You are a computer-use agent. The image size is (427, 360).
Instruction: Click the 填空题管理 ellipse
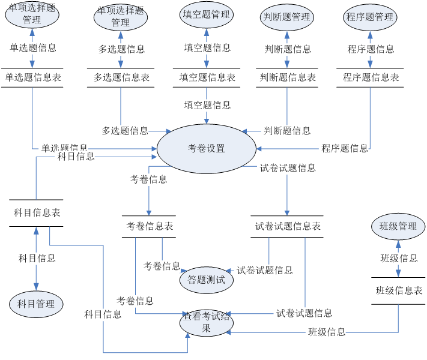click(x=207, y=15)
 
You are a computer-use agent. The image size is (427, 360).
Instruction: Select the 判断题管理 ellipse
click(x=287, y=17)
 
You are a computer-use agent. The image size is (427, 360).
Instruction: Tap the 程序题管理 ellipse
click(x=370, y=17)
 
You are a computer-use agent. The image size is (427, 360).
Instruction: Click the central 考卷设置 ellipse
click(x=207, y=149)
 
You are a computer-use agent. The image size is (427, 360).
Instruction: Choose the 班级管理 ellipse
click(x=398, y=227)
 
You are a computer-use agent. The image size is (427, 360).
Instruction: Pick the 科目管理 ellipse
click(x=36, y=304)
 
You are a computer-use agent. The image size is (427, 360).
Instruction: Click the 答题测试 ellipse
click(x=207, y=280)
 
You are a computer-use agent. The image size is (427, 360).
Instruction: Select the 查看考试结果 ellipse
click(x=207, y=323)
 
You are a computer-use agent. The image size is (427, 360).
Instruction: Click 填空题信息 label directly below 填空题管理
click(x=207, y=48)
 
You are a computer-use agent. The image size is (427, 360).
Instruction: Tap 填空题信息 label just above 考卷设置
click(x=207, y=106)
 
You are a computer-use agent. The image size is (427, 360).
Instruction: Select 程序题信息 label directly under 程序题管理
click(x=371, y=49)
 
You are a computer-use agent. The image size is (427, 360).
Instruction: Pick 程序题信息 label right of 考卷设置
click(x=344, y=149)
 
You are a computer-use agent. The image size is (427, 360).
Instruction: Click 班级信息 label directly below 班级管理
click(x=398, y=259)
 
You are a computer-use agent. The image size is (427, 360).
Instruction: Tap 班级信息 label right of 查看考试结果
click(x=327, y=332)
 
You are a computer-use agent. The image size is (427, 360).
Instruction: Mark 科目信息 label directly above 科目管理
click(x=37, y=259)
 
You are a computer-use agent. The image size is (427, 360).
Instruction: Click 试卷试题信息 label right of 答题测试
click(x=264, y=271)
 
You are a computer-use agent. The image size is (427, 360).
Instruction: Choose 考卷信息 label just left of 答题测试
click(x=162, y=266)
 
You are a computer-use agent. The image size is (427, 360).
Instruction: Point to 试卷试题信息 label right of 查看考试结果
click(x=303, y=313)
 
